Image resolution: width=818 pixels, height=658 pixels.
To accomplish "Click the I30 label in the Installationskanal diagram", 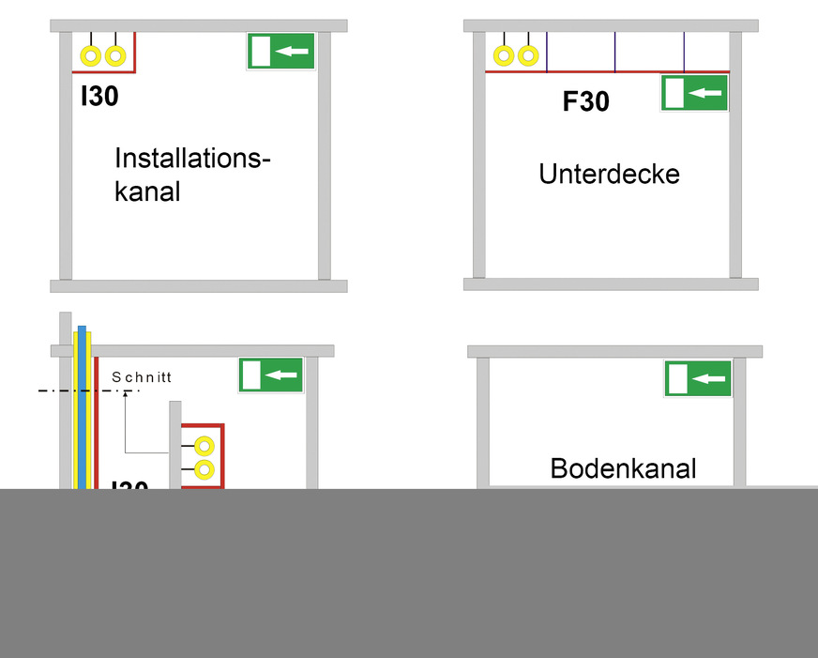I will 99,96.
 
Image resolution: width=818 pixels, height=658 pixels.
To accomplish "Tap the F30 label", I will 585,101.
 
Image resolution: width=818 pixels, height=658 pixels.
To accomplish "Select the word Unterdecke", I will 609,174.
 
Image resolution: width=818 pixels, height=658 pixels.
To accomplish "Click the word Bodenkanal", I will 623,468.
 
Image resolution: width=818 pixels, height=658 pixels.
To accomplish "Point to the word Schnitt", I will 142,377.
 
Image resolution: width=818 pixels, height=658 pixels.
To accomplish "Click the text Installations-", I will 192,158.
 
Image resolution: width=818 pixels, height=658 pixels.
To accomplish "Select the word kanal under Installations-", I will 146,191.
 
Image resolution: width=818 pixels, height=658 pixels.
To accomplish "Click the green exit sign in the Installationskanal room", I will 280,52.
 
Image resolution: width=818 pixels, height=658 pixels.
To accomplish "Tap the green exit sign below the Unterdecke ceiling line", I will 694,93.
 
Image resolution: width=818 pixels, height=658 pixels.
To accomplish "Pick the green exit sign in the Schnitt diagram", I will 270,375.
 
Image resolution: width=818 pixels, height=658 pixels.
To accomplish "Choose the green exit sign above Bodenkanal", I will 698,378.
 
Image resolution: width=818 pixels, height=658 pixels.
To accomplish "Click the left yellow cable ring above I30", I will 91,56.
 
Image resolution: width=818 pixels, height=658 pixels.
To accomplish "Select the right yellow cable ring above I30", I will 114,56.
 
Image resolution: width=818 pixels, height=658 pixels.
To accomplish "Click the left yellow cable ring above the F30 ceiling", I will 504,56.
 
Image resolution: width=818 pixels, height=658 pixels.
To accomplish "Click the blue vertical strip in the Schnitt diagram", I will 83,404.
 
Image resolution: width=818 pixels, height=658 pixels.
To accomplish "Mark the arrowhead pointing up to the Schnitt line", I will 125,392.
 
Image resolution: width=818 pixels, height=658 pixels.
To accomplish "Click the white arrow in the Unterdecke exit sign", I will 705,93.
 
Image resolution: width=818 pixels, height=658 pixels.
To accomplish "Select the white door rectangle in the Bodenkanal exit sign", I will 677,378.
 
